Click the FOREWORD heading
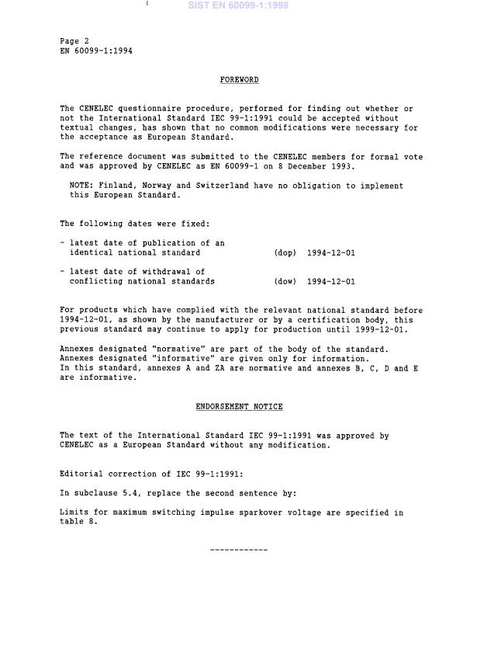[239, 80]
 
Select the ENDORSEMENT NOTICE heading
[239, 407]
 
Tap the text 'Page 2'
[74, 40]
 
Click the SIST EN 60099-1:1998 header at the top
[237, 5]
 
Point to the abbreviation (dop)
[285, 253]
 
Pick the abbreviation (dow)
[285, 282]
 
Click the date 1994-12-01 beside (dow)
[331, 282]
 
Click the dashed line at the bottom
[239, 551]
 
